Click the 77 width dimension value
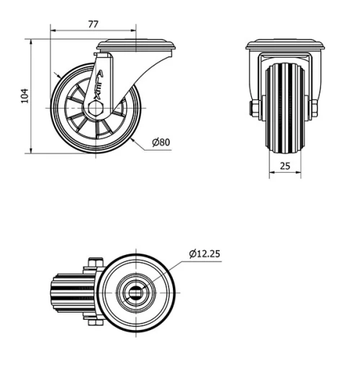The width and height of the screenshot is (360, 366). (93, 24)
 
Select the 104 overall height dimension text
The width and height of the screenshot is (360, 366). (24, 96)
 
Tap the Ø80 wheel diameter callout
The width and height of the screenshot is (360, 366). (161, 142)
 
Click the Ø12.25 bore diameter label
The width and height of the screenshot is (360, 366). (205, 253)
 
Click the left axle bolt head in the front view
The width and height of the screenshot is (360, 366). (255, 109)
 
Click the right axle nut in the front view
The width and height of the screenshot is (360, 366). (316, 109)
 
